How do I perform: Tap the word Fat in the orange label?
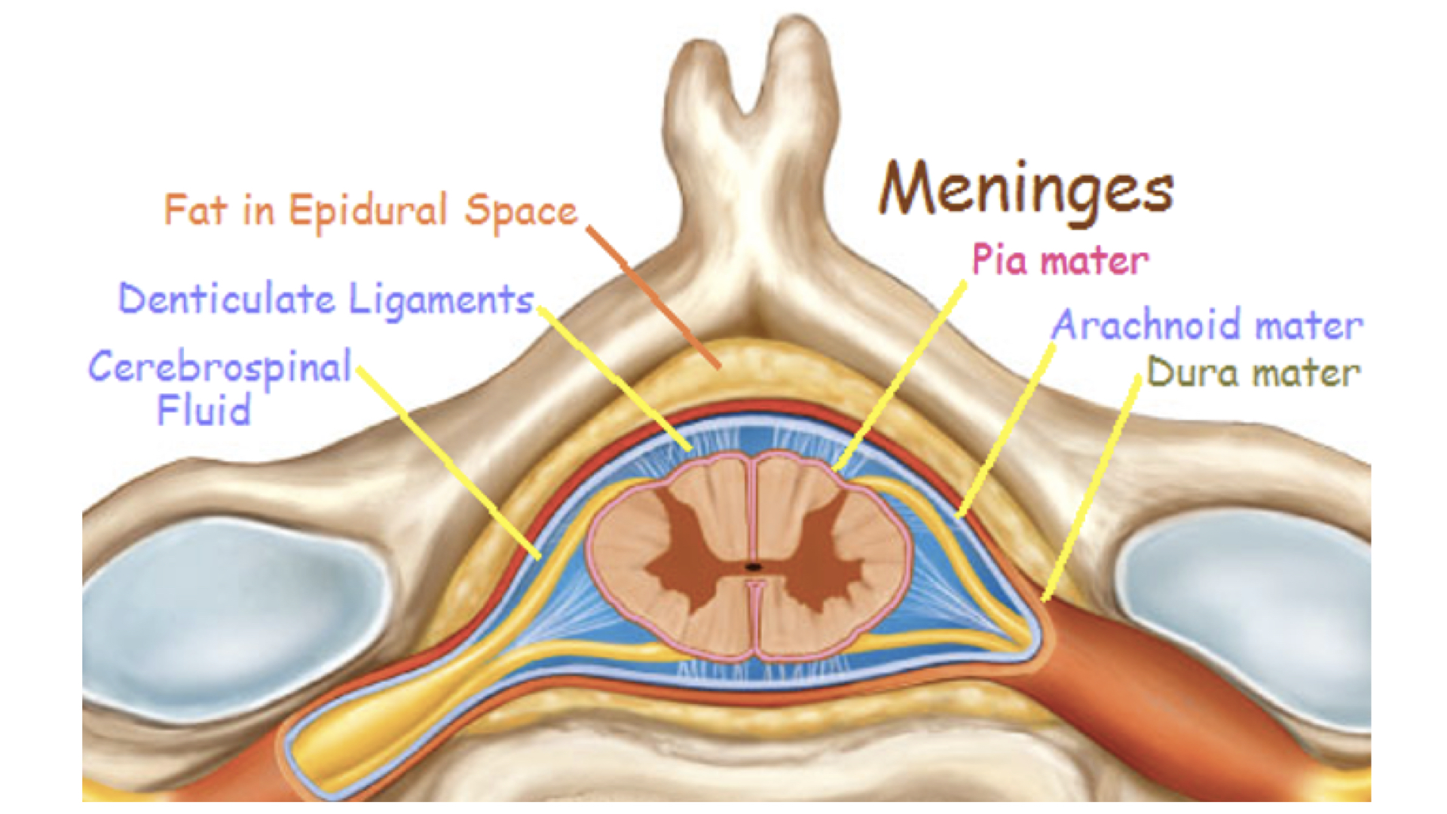pyautogui.click(x=194, y=210)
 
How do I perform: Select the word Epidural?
pyautogui.click(x=368, y=211)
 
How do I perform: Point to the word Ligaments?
pyautogui.click(x=441, y=300)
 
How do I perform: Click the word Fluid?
pyautogui.click(x=203, y=411)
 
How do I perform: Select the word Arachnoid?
pyautogui.click(x=1146, y=326)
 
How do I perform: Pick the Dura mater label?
pyautogui.click(x=1253, y=372)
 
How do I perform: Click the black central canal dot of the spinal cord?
pyautogui.click(x=753, y=566)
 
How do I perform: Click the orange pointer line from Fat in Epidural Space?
pyautogui.click(x=654, y=297)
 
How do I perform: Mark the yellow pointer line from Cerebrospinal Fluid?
pyautogui.click(x=449, y=464)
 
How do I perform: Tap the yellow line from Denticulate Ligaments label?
pyautogui.click(x=614, y=377)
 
